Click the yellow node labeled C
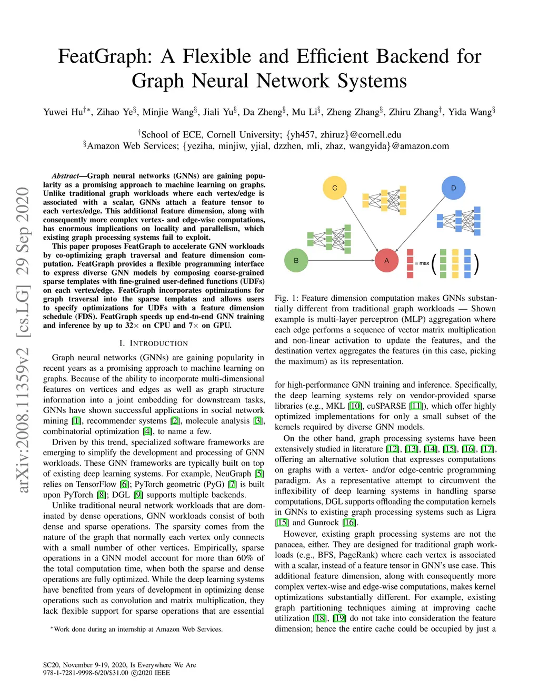pyautogui.click(x=334, y=188)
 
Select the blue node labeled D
pyautogui.click(x=453, y=188)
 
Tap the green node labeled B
pyautogui.click(x=296, y=260)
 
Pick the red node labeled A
pyautogui.click(x=386, y=260)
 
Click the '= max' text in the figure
pyautogui.click(x=422, y=263)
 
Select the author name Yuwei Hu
pyautogui.click(x=63, y=112)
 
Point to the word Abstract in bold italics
pyautogui.click(x=65, y=176)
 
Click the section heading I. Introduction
pyautogui.click(x=153, y=343)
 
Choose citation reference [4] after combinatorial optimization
pyautogui.click(x=148, y=431)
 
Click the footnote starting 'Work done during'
pyautogui.click(x=138, y=629)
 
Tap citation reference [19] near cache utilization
pyautogui.click(x=340, y=618)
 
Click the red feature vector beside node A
pyautogui.click(x=410, y=263)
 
